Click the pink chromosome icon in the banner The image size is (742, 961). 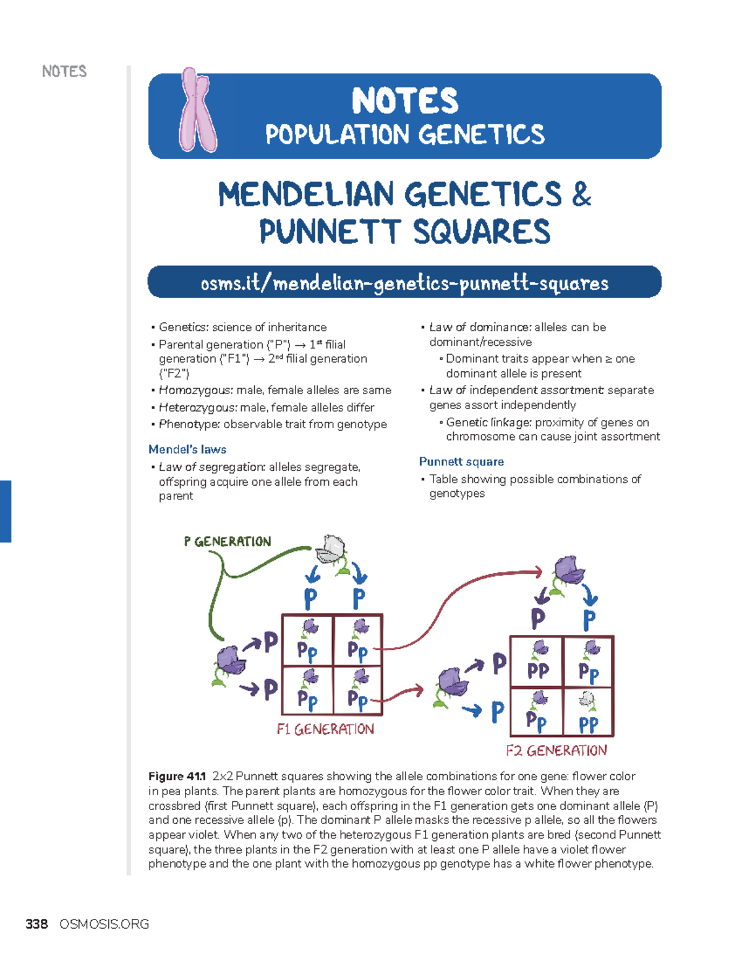[197, 111]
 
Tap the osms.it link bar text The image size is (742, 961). [404, 283]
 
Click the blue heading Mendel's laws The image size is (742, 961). [187, 449]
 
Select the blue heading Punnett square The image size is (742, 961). [461, 462]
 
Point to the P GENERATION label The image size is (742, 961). [228, 541]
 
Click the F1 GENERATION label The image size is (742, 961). [325, 729]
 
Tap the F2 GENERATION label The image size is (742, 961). [556, 751]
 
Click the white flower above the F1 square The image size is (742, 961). [331, 548]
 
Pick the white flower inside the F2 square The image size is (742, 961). [586, 700]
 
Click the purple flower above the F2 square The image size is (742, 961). [569, 571]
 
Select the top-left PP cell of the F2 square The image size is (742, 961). [537, 661]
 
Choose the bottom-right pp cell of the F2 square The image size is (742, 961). [588, 712]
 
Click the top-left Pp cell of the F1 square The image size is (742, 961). [307, 640]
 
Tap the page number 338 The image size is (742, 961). [36, 924]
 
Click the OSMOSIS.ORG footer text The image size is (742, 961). [104, 924]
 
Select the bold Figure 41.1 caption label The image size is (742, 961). [177, 776]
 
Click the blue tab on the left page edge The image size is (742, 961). [6, 511]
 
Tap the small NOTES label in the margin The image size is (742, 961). [64, 71]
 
